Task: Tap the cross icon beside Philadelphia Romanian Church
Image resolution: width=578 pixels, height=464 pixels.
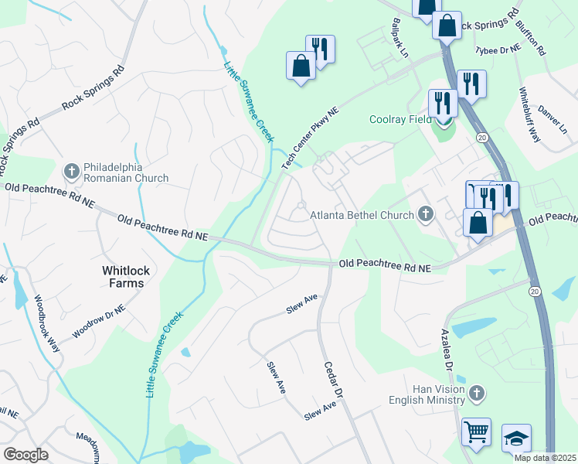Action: click(x=71, y=170)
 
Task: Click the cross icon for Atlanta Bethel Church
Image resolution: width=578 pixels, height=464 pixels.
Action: click(x=425, y=214)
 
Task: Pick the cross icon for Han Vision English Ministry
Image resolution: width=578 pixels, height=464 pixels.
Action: click(x=478, y=394)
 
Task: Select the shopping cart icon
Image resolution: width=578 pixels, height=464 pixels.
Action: click(x=476, y=431)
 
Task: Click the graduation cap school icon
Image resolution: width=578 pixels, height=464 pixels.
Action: click(x=516, y=438)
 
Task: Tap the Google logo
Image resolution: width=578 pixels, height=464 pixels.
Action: click(x=25, y=455)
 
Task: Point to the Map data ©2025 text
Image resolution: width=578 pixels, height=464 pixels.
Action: click(x=545, y=458)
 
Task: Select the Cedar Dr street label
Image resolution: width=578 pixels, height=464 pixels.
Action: click(x=333, y=380)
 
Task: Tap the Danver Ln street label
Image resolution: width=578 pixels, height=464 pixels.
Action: click(x=552, y=119)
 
